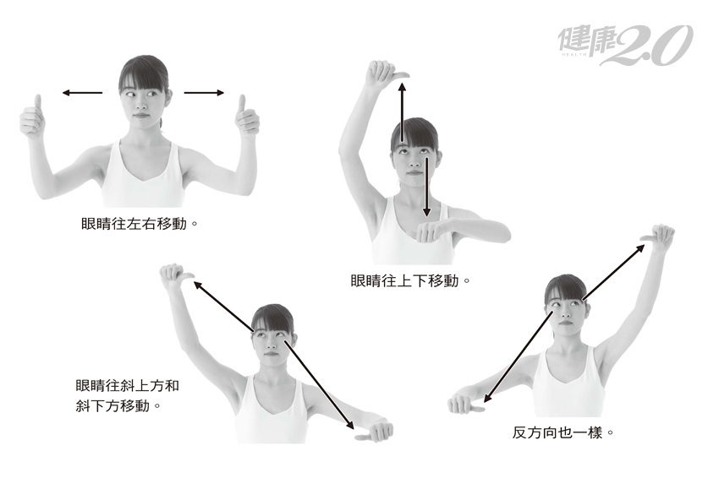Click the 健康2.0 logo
(x=625, y=45)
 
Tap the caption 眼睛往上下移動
(x=410, y=280)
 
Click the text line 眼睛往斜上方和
(x=127, y=385)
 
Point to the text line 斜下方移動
(x=118, y=405)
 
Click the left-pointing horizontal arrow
(x=83, y=93)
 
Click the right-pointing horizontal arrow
(x=204, y=93)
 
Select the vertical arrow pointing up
(x=402, y=112)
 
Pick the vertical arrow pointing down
(x=427, y=187)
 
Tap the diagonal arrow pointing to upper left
(x=223, y=307)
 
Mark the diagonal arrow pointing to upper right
(x=613, y=273)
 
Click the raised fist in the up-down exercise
(x=385, y=73)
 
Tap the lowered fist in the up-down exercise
(x=433, y=231)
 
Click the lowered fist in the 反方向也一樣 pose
(x=465, y=404)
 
